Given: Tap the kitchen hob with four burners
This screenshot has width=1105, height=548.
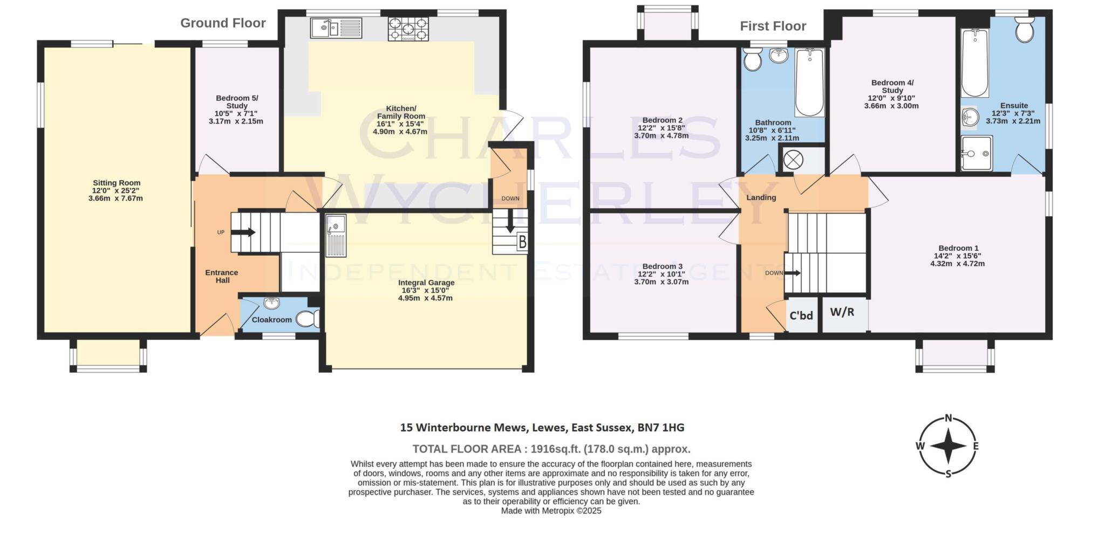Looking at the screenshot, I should click(408, 29).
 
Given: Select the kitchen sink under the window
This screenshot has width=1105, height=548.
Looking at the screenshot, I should click(336, 28).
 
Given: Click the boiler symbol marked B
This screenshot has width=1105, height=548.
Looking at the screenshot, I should click(522, 242).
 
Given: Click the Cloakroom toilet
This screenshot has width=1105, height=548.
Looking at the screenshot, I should click(309, 319).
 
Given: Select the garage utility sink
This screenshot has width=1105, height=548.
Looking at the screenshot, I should click(336, 235).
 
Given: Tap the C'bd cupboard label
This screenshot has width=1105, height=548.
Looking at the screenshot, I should click(801, 316).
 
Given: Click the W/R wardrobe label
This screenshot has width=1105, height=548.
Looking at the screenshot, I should click(842, 312).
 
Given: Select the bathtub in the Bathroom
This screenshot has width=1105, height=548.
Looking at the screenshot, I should click(809, 82).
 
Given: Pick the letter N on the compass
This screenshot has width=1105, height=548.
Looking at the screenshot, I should click(948, 418).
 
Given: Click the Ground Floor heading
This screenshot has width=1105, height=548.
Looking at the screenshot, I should click(223, 23).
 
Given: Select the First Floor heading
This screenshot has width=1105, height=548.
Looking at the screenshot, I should click(773, 26).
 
